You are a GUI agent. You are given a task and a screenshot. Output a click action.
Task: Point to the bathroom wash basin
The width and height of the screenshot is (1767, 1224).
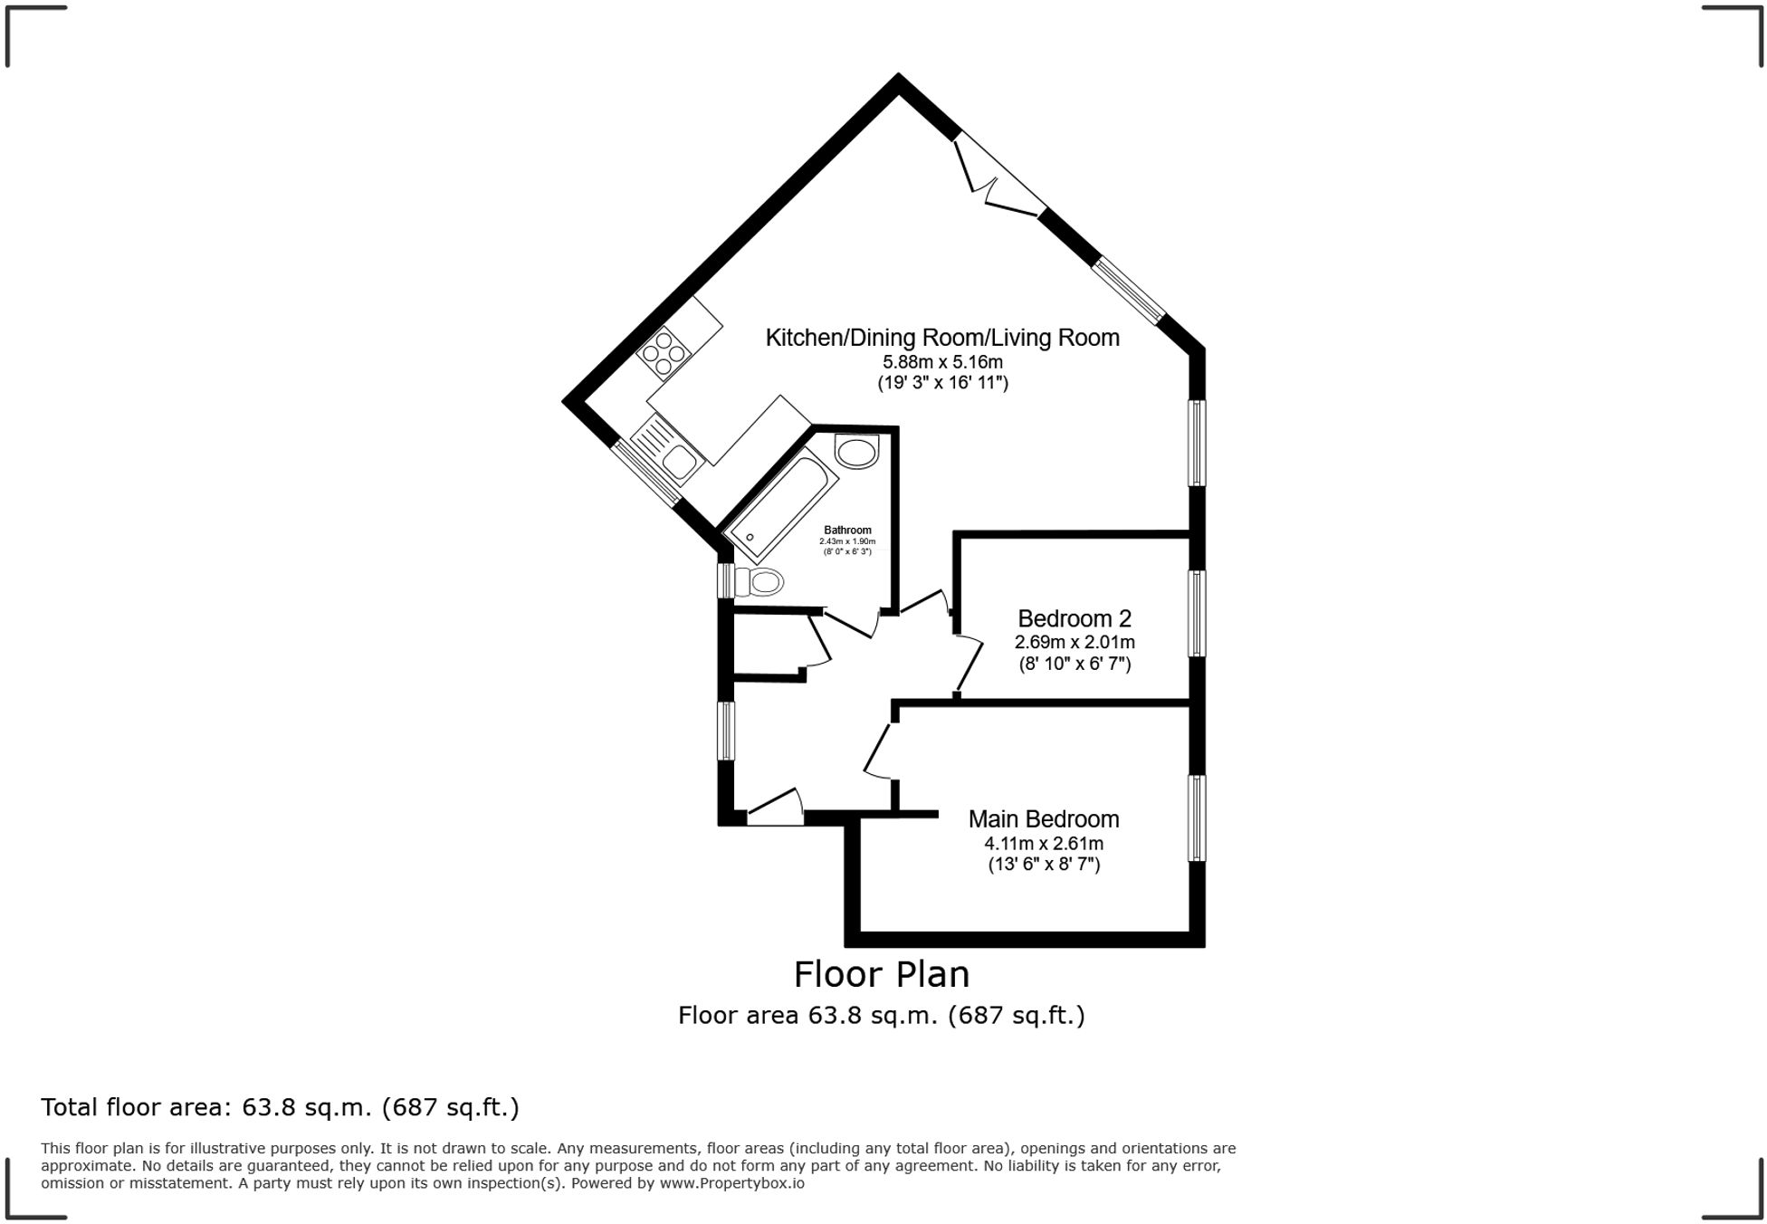856,451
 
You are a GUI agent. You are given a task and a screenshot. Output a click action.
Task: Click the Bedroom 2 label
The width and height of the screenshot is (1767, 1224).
1075,619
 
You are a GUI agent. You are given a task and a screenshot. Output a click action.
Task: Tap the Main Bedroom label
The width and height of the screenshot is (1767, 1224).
1044,819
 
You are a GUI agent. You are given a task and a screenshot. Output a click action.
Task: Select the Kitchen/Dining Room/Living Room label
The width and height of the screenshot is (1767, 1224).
942,339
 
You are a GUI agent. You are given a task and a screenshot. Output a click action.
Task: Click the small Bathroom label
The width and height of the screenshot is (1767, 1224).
847,531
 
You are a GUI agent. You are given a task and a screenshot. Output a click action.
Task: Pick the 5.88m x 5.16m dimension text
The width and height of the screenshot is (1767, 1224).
942,362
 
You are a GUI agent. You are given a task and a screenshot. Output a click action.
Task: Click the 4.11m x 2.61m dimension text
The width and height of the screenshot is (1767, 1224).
1044,844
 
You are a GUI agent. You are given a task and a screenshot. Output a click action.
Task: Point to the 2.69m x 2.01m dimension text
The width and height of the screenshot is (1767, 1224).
1075,643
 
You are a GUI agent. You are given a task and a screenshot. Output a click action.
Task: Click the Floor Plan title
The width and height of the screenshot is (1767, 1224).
881,975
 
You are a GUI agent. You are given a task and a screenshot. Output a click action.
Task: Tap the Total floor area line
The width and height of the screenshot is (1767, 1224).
280,1107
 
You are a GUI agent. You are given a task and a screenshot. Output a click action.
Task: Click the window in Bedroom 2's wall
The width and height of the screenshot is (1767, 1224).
1197,613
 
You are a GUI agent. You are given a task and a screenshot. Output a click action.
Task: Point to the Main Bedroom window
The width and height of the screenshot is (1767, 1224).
1197,818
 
